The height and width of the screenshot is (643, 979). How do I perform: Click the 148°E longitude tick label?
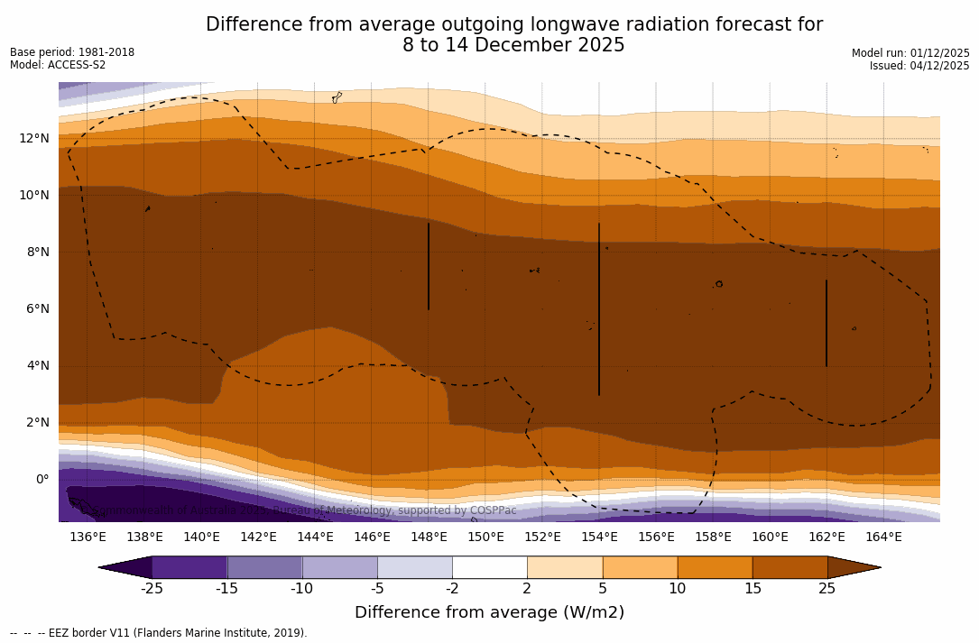pyautogui.click(x=429, y=537)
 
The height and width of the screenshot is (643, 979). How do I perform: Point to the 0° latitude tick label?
pyautogui.click(x=42, y=479)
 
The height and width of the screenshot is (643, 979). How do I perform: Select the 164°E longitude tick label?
pyautogui.click(x=883, y=537)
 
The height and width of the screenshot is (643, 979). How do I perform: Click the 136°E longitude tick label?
pyautogui.click(x=88, y=537)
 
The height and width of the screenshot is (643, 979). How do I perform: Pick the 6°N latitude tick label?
pyautogui.click(x=37, y=308)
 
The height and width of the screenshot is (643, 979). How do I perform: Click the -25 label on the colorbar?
pyautogui.click(x=151, y=589)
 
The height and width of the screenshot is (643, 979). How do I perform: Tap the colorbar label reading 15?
pyautogui.click(x=752, y=589)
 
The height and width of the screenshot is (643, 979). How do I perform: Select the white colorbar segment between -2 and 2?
pyautogui.click(x=489, y=567)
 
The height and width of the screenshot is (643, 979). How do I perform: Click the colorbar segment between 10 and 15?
pyautogui.click(x=714, y=567)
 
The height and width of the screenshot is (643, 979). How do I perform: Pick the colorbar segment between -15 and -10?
pyautogui.click(x=264, y=567)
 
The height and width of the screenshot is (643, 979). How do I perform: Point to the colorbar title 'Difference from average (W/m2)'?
pyautogui.click(x=489, y=612)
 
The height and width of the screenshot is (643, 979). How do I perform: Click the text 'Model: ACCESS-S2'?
pyautogui.click(x=58, y=65)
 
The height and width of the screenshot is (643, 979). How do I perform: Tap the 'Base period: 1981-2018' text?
pyautogui.click(x=72, y=52)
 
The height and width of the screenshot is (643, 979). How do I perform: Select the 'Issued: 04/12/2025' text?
pyautogui.click(x=919, y=66)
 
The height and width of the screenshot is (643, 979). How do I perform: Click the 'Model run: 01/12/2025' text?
pyautogui.click(x=910, y=53)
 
